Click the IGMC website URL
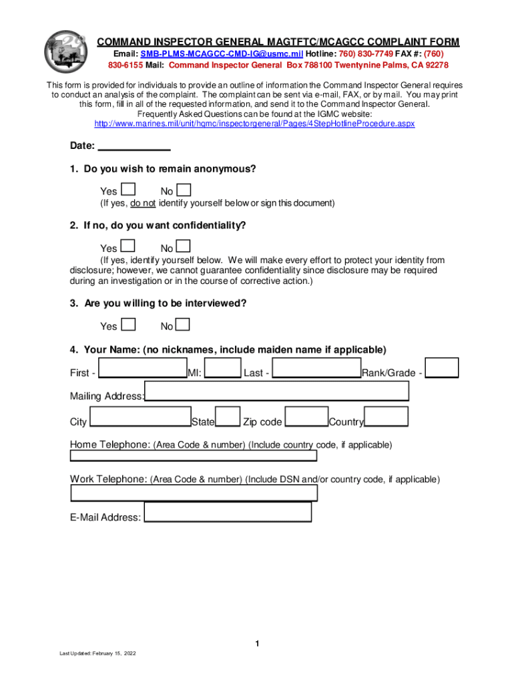pyautogui.click(x=254, y=124)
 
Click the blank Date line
pyautogui.click(x=134, y=146)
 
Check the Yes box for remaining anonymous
pyautogui.click(x=130, y=190)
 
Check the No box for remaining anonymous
pyautogui.click(x=184, y=190)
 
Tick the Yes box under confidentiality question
pyautogui.click(x=130, y=246)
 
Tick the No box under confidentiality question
pyautogui.click(x=184, y=246)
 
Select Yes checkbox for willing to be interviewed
pyautogui.click(x=130, y=325)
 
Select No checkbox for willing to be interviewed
pyautogui.click(x=184, y=325)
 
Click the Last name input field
pyautogui.click(x=317, y=368)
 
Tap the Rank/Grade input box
pyautogui.click(x=442, y=368)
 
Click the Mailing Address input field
pyautogui.click(x=276, y=391)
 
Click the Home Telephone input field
pyautogui.click(x=194, y=456)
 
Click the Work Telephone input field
pyautogui.click(x=194, y=493)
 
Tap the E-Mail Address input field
pyautogui.click(x=228, y=512)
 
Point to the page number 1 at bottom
pyautogui.click(x=256, y=644)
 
